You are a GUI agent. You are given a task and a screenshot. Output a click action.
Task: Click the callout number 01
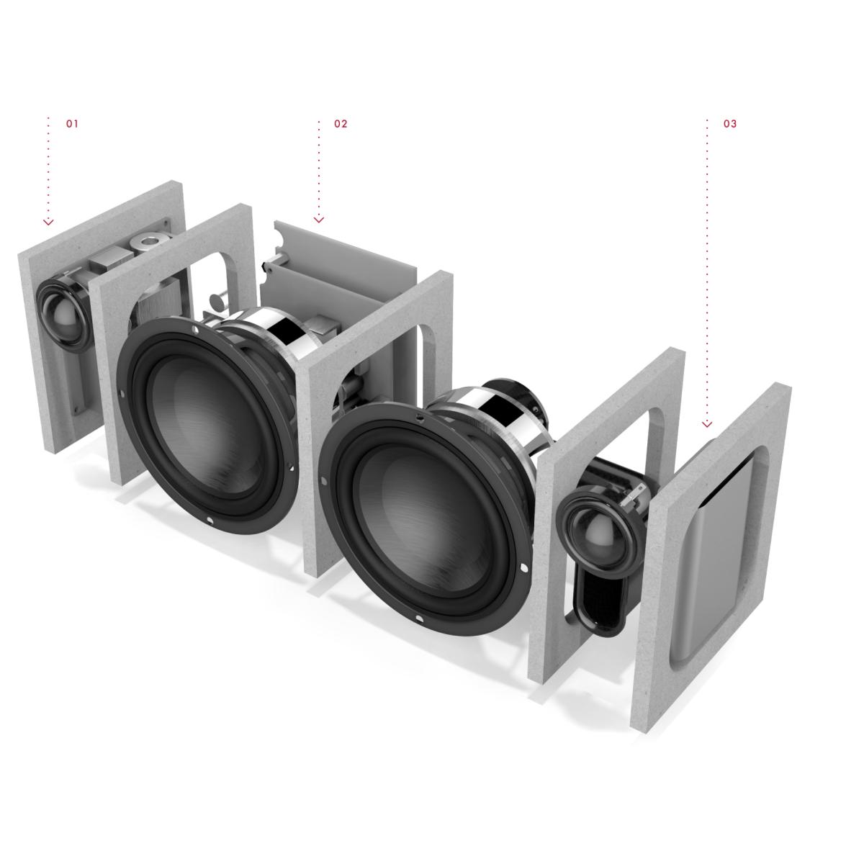(72, 124)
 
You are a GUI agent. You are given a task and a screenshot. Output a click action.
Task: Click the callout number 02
(341, 124)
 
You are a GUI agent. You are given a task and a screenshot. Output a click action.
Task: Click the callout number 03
(730, 124)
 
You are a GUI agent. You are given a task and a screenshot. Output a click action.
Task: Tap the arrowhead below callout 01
(48, 222)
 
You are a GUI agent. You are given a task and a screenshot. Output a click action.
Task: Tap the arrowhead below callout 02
(319, 220)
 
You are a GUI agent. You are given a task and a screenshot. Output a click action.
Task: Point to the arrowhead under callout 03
(707, 424)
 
